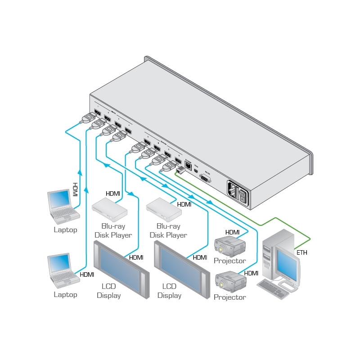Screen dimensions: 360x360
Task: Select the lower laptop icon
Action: click(60, 270)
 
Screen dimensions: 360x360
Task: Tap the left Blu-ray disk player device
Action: click(109, 209)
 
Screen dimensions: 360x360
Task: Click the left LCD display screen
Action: click(118, 269)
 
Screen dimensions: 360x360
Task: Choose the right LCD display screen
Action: click(179, 269)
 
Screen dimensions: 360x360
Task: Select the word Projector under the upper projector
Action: click(230, 261)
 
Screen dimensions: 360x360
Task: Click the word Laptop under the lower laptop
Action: click(66, 295)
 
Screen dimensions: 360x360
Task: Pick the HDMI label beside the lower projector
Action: click(251, 273)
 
